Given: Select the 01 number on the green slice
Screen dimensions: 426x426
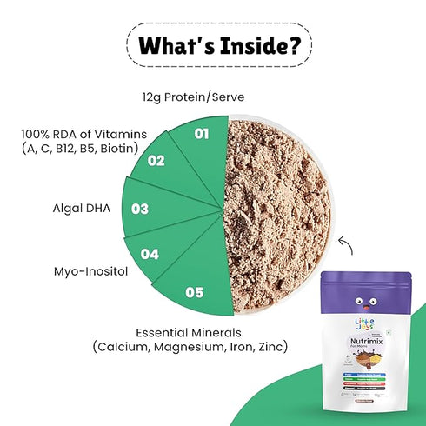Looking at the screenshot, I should [x=200, y=134].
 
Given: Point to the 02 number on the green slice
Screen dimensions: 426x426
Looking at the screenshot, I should [x=156, y=160].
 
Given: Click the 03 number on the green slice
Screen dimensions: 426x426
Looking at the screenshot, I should [x=139, y=209].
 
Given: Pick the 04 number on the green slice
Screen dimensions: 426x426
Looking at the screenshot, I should [x=149, y=255].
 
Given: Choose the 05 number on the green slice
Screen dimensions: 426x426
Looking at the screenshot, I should [x=195, y=292].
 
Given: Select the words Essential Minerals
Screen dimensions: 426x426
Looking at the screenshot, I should [x=184, y=331].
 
